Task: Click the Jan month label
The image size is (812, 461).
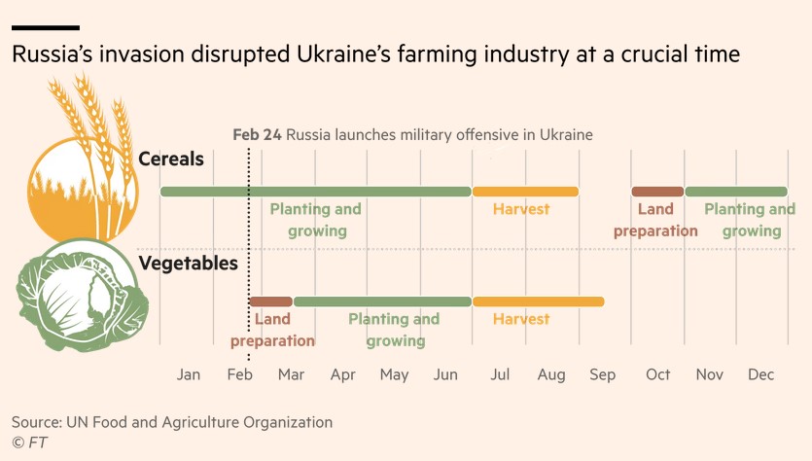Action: click(189, 374)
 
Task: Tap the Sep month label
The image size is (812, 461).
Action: click(602, 374)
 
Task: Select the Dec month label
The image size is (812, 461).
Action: click(760, 374)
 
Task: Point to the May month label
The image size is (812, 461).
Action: click(394, 374)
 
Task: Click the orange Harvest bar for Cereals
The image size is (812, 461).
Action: click(525, 192)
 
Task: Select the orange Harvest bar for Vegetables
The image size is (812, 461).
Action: click(538, 301)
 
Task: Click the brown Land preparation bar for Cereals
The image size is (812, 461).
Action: click(657, 192)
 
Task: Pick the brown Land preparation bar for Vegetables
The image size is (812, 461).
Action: click(270, 301)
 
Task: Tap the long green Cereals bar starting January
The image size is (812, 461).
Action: click(315, 192)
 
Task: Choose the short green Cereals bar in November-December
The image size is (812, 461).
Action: click(736, 192)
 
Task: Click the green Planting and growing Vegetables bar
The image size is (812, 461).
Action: click(382, 301)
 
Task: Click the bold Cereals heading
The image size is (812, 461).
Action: click(171, 159)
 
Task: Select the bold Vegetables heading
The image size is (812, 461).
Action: click(188, 263)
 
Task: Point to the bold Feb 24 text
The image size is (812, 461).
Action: click(257, 134)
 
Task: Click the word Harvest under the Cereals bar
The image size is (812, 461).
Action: click(521, 209)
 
